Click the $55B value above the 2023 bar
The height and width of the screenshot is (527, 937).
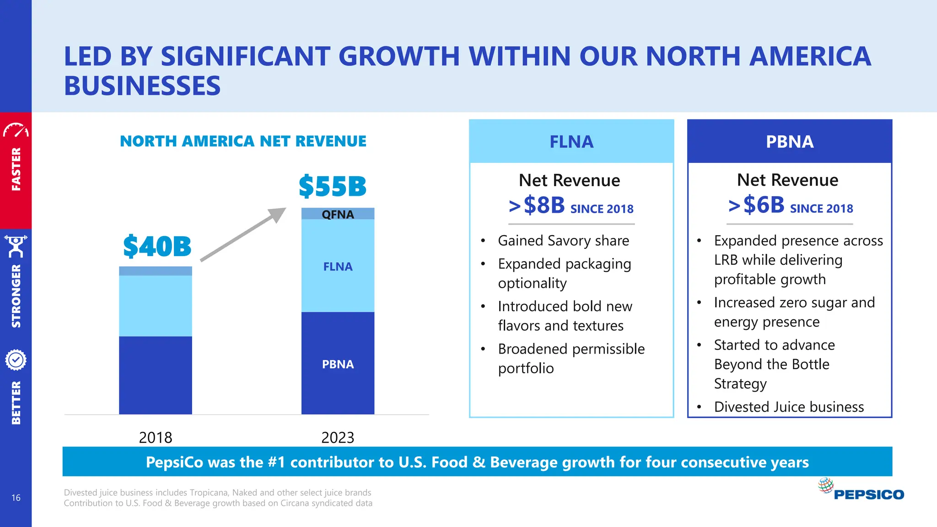click(x=333, y=187)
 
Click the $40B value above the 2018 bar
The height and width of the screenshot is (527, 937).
click(x=157, y=247)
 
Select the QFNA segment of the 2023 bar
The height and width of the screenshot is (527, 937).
click(x=338, y=214)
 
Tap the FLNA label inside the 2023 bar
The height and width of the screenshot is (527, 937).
click(x=338, y=267)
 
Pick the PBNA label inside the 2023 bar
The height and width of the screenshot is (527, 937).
click(x=338, y=365)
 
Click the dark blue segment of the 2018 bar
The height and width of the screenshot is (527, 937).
click(x=156, y=375)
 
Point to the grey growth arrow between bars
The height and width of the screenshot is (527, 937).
click(x=243, y=235)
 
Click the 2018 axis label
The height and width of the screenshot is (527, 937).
click(x=156, y=438)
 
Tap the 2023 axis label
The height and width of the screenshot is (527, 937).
click(x=338, y=438)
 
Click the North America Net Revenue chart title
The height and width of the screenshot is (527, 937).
click(x=243, y=141)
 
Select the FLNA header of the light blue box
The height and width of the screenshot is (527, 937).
click(x=571, y=142)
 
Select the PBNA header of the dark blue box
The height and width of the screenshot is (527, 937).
click(x=790, y=142)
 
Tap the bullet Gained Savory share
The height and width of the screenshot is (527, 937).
click(x=563, y=241)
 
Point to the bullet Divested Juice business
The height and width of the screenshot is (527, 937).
click(x=789, y=407)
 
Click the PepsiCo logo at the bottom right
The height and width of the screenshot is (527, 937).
click(x=861, y=490)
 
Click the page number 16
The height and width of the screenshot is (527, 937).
click(x=16, y=498)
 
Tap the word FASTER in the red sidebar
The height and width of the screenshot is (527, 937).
click(x=16, y=169)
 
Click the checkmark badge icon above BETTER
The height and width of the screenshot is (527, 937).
click(x=16, y=360)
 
